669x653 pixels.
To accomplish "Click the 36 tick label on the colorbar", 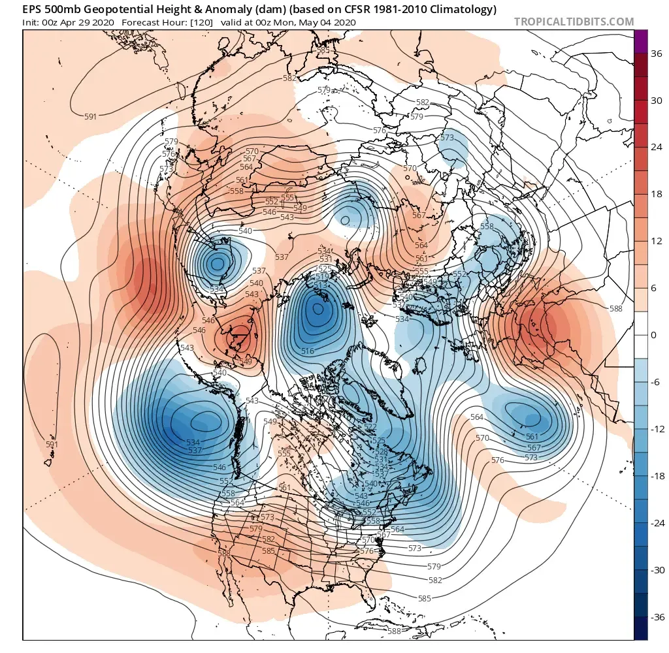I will click(657, 54).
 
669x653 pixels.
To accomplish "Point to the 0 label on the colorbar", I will click(657, 335).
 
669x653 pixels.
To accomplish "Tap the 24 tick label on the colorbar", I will click(657, 148).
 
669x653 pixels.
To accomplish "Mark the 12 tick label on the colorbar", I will click(657, 242).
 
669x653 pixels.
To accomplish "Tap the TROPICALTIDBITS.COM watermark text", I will click(574, 22).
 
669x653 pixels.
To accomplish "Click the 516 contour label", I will click(308, 351).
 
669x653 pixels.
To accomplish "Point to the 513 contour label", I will click(321, 285).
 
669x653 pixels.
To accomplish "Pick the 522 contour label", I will click(370, 427).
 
